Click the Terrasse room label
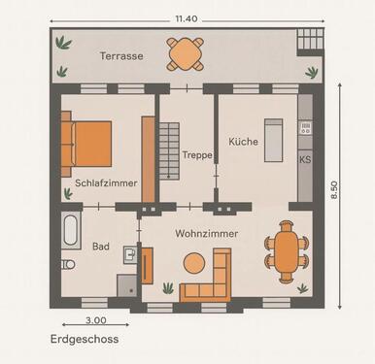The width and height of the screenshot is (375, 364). [121, 56]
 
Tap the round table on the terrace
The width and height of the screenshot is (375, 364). [186, 54]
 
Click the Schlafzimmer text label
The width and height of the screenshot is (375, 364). [105, 182]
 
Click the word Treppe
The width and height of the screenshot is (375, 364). [197, 154]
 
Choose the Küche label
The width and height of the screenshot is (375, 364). [243, 142]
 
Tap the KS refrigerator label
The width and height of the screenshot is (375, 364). [305, 159]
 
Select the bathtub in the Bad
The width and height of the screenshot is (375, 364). [71, 231]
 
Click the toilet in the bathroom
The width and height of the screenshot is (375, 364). [68, 264]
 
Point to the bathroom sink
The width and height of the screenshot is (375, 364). [130, 254]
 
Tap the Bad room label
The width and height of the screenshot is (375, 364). [101, 247]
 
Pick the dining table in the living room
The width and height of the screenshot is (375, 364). [288, 250]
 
